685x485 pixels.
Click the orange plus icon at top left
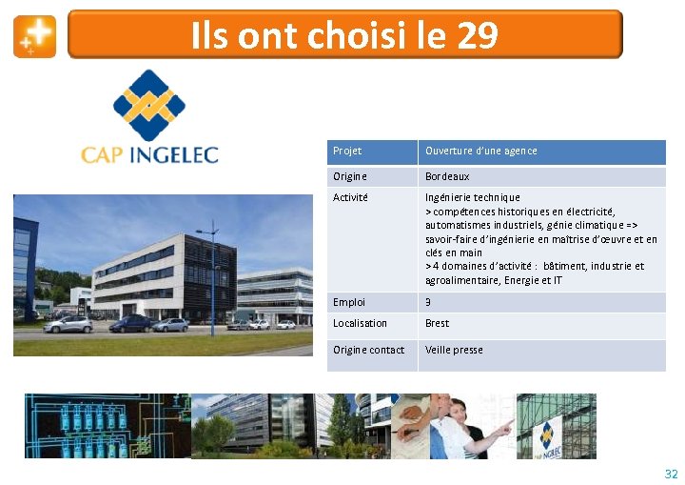[x=34, y=36]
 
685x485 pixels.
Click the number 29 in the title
[x=477, y=36]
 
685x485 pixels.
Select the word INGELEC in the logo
[x=173, y=154]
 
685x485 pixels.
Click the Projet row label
[x=347, y=152]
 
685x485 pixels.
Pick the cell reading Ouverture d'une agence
[x=480, y=152]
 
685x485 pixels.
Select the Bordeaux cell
[x=447, y=177]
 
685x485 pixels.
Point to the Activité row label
[x=350, y=198]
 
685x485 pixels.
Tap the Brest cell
[x=437, y=324]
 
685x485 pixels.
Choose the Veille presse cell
[x=454, y=351]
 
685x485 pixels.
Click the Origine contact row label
[x=368, y=351]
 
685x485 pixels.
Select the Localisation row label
[x=360, y=324]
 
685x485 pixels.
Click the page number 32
[x=671, y=474]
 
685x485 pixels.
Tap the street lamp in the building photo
[x=211, y=276]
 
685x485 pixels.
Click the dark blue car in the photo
[x=131, y=324]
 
